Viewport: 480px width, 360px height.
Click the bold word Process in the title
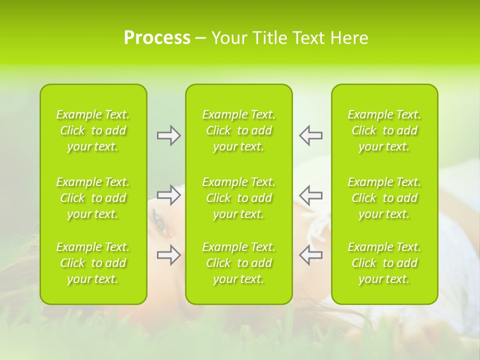click(x=157, y=38)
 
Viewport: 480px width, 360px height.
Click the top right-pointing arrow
click(x=169, y=135)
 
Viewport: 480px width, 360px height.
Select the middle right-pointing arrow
click(x=169, y=195)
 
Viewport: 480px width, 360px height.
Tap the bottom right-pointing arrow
click(x=169, y=255)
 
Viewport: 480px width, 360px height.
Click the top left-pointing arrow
click(x=310, y=135)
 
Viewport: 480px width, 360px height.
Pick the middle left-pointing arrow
click(x=310, y=195)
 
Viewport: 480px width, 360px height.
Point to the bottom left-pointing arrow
click(x=310, y=255)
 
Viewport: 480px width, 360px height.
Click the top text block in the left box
click(x=93, y=130)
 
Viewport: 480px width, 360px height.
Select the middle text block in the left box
click(x=93, y=198)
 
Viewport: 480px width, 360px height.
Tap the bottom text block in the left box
click(x=93, y=263)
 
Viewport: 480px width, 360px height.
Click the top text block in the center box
click(x=239, y=130)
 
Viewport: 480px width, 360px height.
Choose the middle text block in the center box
click(x=239, y=198)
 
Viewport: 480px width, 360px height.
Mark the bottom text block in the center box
click(x=239, y=263)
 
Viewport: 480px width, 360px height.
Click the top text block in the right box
click(x=384, y=130)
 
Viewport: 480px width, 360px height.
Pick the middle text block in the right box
click(x=384, y=198)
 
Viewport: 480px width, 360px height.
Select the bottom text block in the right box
click(x=384, y=263)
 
